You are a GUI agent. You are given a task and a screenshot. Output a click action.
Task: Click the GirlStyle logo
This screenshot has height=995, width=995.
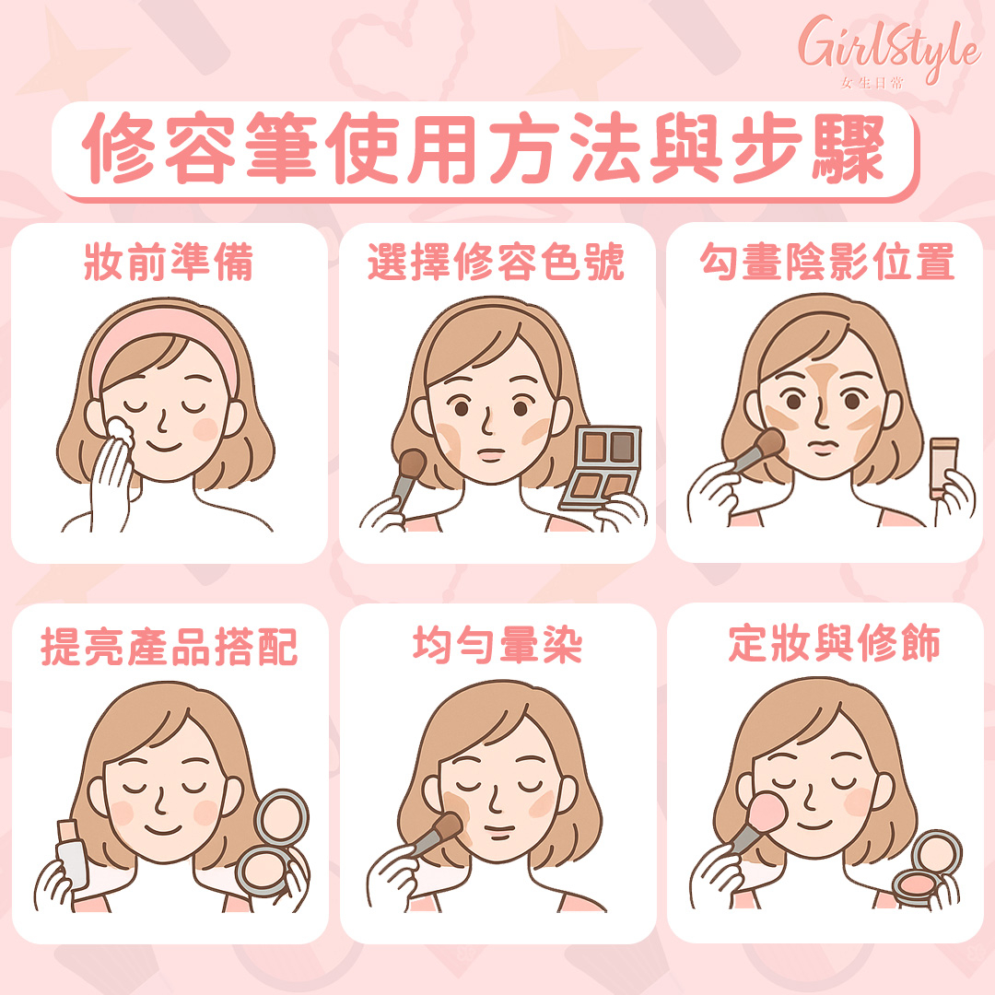(x=888, y=51)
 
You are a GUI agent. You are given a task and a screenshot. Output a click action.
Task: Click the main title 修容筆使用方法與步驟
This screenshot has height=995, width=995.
(x=484, y=149)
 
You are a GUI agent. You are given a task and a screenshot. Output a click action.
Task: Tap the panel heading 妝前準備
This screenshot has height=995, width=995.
(x=169, y=262)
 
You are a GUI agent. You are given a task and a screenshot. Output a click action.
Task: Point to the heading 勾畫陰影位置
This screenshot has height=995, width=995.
(x=827, y=262)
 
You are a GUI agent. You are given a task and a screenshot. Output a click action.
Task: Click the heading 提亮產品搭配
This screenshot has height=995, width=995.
(x=170, y=647)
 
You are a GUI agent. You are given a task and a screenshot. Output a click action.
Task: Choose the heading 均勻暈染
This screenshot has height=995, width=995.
(x=497, y=645)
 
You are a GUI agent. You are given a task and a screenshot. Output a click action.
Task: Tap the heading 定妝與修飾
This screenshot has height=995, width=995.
(x=834, y=643)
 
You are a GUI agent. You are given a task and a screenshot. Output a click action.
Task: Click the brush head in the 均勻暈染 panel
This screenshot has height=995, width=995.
(x=449, y=826)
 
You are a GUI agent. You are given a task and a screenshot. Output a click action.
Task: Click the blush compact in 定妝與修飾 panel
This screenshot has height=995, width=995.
(x=927, y=870)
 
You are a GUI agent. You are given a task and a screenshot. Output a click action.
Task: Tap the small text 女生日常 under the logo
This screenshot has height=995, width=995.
(x=872, y=83)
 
